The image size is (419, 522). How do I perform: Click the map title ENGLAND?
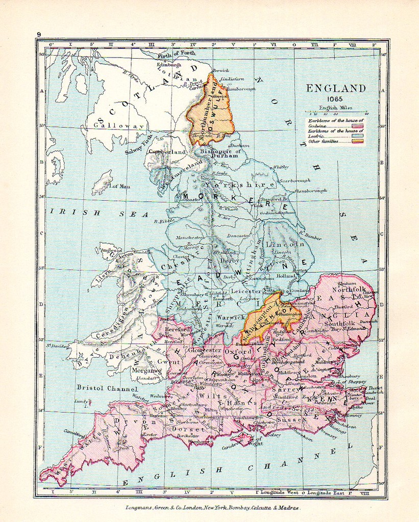click(x=336, y=88)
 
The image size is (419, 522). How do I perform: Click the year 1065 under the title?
click(x=336, y=99)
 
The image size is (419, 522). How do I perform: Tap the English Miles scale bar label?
click(x=335, y=108)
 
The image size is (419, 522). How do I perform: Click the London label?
click(x=306, y=376)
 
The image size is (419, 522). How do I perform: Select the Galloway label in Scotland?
click(x=112, y=125)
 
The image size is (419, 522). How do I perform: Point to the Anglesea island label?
click(x=111, y=250)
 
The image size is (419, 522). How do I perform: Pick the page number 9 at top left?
click(x=38, y=34)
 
